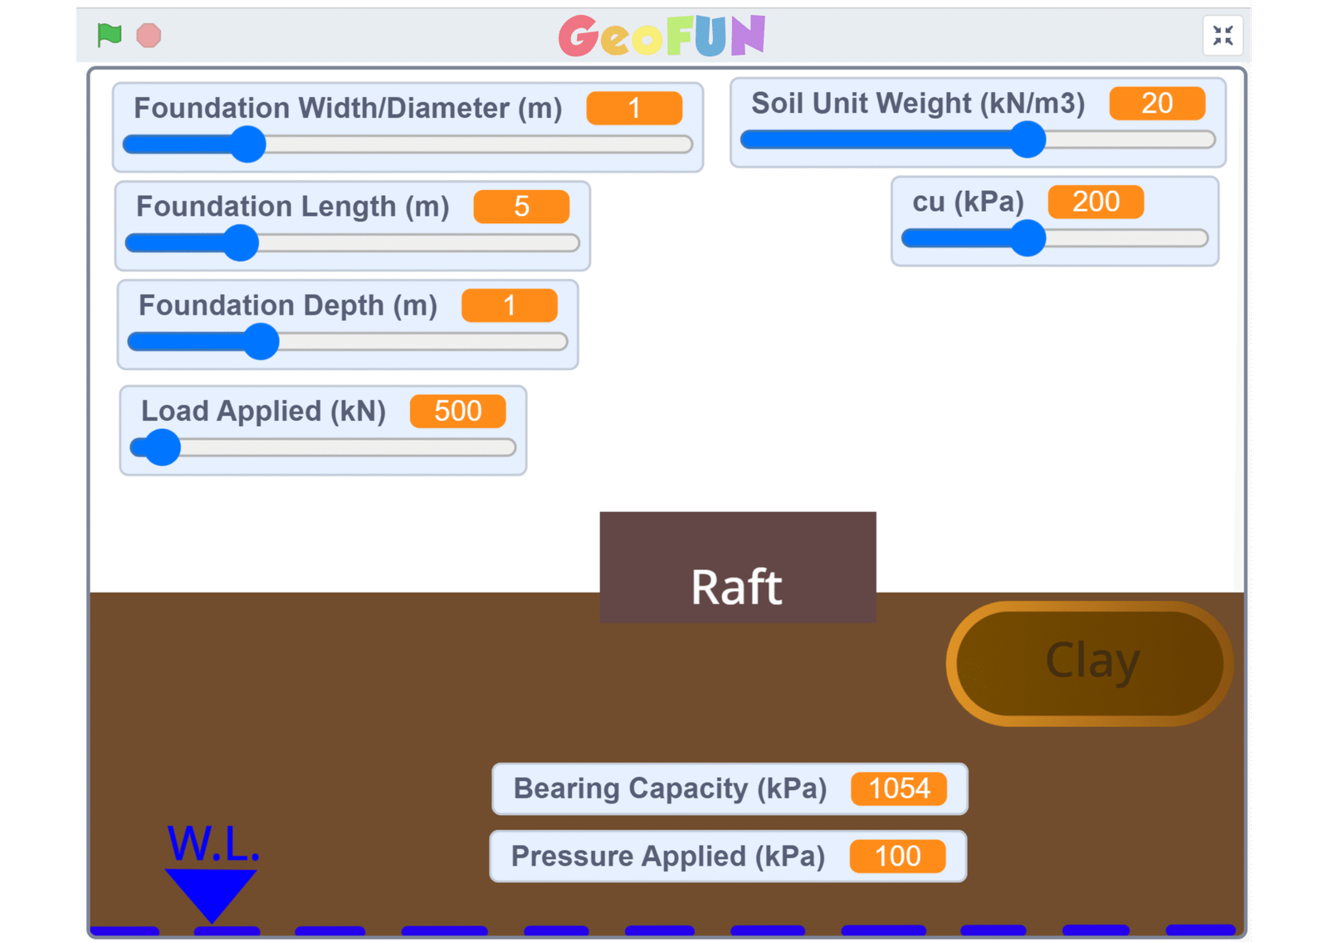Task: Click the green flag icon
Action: click(110, 35)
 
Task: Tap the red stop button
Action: click(149, 36)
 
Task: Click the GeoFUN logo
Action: click(662, 36)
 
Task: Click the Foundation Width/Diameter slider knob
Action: click(247, 144)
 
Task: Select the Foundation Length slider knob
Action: click(242, 243)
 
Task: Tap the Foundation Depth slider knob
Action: click(261, 342)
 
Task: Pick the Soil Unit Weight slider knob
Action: click(1028, 139)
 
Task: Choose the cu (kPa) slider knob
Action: click(1028, 238)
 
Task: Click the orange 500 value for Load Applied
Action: click(457, 411)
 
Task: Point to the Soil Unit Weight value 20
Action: click(1156, 104)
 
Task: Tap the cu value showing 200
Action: click(1096, 202)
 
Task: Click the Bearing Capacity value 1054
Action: click(898, 788)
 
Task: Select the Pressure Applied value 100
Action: click(897, 856)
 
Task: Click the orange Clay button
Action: click(1090, 663)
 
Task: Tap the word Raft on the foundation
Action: click(736, 587)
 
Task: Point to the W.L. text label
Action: click(213, 844)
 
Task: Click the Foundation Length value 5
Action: click(521, 207)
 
